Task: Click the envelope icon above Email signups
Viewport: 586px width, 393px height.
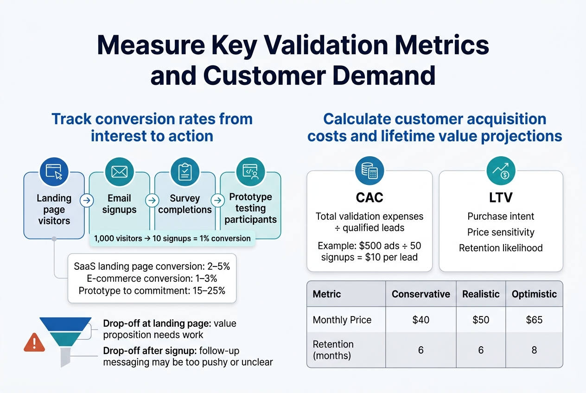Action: point(119,172)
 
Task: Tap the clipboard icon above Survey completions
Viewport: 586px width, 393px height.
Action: point(185,172)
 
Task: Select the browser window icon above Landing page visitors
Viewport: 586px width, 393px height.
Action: point(54,172)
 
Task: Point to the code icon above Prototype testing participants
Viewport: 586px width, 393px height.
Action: point(250,172)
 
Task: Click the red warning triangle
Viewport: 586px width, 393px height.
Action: point(34,342)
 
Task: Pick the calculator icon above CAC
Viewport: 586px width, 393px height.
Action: point(369,171)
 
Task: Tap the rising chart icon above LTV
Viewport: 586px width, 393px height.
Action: point(501,171)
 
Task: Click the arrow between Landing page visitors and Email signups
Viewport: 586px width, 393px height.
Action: point(86,201)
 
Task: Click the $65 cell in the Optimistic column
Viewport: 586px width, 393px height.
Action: point(534,320)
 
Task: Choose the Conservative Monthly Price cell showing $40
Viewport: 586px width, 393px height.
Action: point(420,320)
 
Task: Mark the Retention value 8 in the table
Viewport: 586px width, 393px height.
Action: point(534,350)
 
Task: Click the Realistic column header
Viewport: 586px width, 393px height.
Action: point(481,294)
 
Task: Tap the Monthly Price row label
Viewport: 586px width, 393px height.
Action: point(342,320)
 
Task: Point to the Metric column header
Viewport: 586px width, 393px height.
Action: point(327,294)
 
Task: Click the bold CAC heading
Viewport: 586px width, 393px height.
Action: point(369,197)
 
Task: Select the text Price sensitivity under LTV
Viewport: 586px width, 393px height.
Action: point(501,232)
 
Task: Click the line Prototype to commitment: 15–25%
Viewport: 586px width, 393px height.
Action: point(152,291)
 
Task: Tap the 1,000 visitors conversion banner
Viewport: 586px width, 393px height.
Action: point(172,239)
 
